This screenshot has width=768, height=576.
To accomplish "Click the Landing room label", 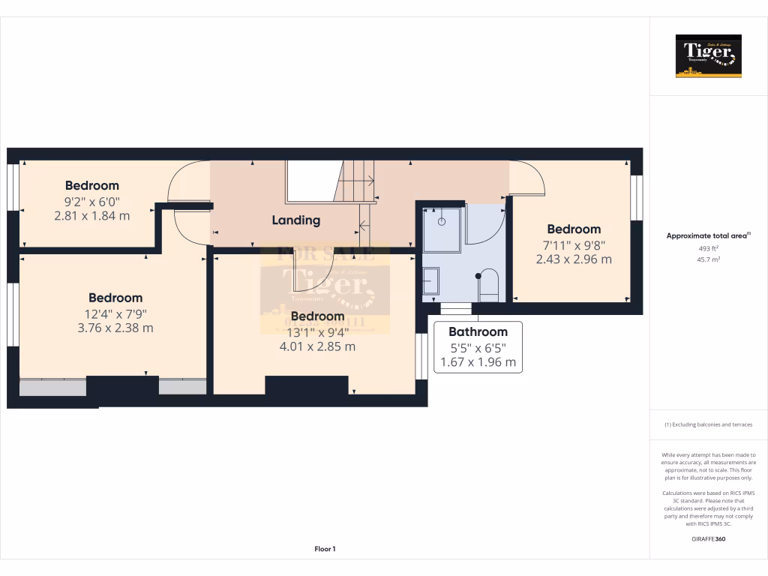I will click(295, 220).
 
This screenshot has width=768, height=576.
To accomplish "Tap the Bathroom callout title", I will click(478, 331).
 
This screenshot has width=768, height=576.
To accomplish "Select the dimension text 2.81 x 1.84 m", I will click(92, 215).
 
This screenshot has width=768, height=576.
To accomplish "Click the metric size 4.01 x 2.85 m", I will click(317, 346).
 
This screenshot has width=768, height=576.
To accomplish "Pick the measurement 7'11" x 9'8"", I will click(573, 244).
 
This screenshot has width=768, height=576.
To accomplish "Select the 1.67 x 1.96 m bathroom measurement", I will click(478, 361).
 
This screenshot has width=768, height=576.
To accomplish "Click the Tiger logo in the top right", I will click(708, 56).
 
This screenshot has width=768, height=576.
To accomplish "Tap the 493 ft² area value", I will click(708, 248).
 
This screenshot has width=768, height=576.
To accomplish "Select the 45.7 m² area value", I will click(708, 259).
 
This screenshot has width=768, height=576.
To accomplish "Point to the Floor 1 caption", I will click(325, 549).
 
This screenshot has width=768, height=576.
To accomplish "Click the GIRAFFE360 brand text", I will click(708, 538).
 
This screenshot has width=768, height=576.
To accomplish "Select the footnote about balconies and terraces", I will click(708, 424).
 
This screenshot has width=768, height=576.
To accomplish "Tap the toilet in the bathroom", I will click(488, 285).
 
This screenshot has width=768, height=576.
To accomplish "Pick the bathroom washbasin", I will click(431, 282).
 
